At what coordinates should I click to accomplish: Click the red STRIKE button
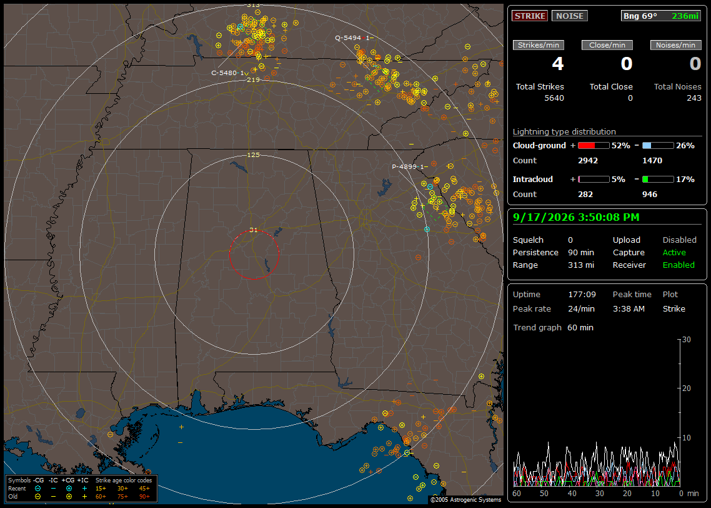point(530,16)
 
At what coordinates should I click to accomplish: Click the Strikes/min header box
point(538,45)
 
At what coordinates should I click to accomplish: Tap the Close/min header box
point(607,45)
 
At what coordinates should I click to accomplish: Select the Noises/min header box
point(675,45)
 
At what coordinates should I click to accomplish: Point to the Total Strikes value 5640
point(554,98)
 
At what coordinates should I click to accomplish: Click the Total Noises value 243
point(694,98)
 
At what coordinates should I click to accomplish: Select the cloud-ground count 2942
point(588,161)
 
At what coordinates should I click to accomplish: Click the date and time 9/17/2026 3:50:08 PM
point(576,217)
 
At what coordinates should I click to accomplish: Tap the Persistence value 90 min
point(581,252)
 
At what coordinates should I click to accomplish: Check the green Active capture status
point(674,252)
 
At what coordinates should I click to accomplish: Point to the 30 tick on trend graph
point(686,339)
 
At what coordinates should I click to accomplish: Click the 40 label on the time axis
point(572,494)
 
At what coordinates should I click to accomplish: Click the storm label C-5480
point(224,73)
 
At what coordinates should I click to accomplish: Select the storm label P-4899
point(404,166)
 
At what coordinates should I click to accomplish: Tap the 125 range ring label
point(254,155)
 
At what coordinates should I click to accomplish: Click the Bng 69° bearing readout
point(640,16)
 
